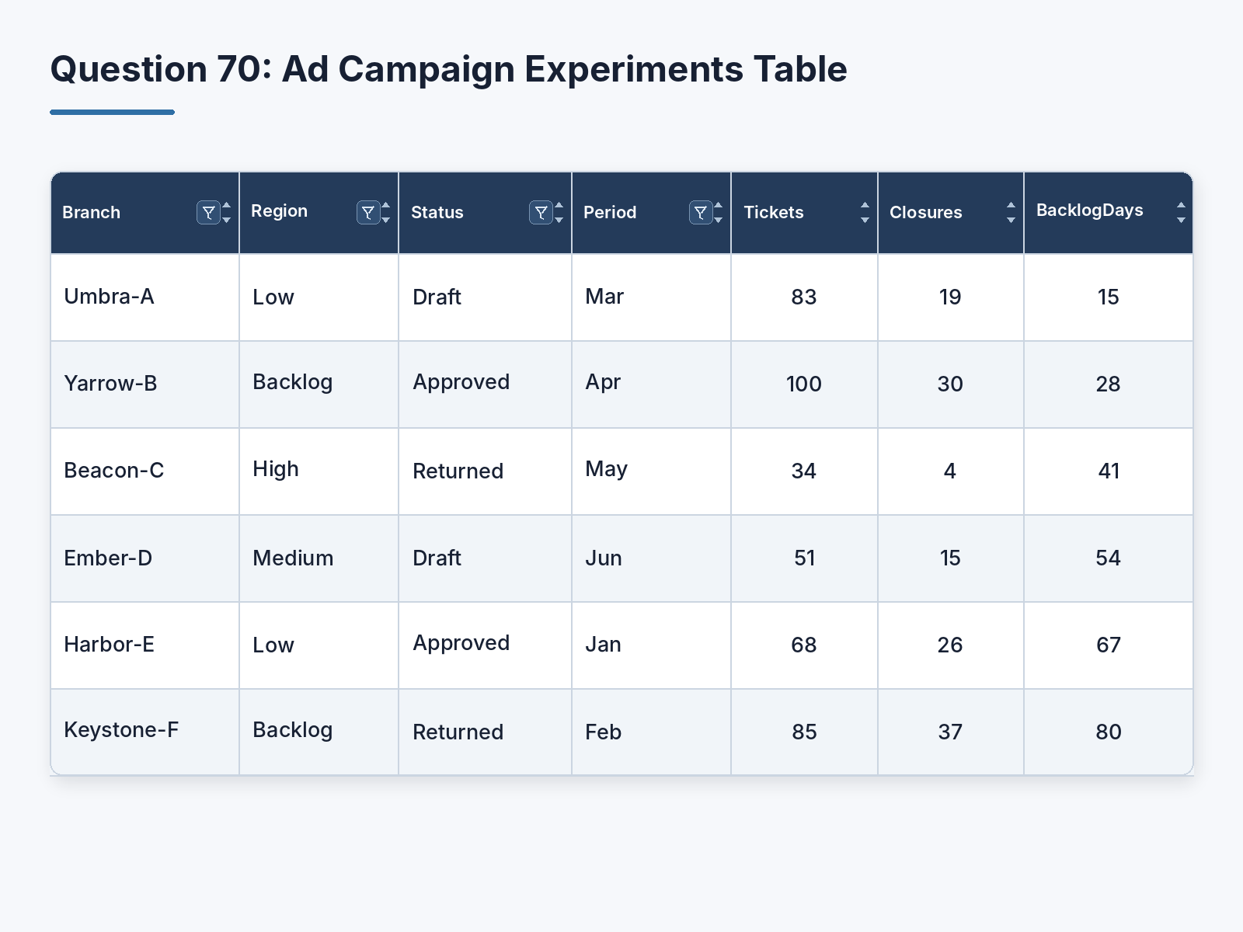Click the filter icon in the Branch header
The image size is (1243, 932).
pos(208,213)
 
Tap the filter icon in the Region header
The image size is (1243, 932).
pos(368,213)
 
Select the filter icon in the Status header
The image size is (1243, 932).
pos(541,213)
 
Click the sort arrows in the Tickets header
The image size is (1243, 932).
pos(865,213)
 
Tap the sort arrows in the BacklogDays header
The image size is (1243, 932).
pos(1181,213)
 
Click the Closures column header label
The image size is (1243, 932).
pos(925,212)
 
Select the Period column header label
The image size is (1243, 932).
pos(610,212)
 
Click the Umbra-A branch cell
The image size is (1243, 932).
pos(109,297)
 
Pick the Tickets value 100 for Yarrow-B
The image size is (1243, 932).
pos(803,384)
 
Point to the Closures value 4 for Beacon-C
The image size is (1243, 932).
pos(949,471)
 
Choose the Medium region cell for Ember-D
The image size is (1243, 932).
pos(293,558)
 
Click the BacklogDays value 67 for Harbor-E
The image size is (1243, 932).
pos(1109,645)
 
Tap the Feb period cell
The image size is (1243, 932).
pos(603,732)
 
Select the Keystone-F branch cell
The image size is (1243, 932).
pos(121,730)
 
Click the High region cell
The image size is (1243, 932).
pos(275,469)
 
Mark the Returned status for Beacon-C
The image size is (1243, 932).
pos(458,471)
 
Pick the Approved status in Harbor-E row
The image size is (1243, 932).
pos(461,643)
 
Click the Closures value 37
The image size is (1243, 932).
pos(949,732)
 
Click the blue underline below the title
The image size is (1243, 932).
pos(112,112)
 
